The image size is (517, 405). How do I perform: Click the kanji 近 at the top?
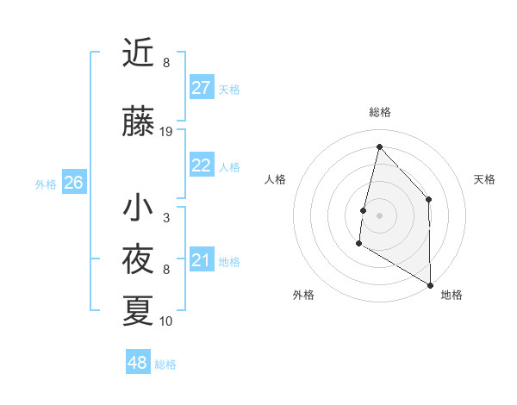[138, 53]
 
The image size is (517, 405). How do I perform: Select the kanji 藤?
[138, 122]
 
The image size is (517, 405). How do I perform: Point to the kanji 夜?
[138, 259]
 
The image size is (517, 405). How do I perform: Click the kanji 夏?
[138, 310]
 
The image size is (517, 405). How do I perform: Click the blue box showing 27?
[201, 87]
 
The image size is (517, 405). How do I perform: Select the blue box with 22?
[201, 165]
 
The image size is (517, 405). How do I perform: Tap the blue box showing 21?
[201, 260]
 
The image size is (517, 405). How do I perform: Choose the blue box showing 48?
[138, 363]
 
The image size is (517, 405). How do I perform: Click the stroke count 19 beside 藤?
[166, 132]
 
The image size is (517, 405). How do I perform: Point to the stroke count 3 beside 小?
[166, 218]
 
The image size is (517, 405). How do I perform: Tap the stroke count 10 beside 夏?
[166, 321]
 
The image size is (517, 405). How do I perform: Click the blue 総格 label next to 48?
[165, 364]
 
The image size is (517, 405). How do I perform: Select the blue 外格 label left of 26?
[46, 184]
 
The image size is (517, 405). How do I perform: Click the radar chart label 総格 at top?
[379, 112]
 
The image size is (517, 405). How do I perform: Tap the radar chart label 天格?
[484, 179]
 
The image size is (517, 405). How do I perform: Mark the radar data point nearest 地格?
[430, 284]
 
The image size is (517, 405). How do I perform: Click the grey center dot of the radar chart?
[379, 215]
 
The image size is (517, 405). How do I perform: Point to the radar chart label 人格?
[275, 179]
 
